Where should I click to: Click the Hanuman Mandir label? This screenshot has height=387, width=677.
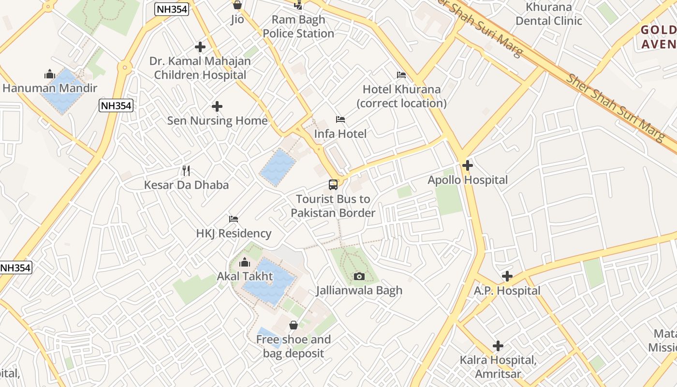click(x=50, y=88)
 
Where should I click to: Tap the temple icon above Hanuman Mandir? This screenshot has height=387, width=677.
click(x=49, y=74)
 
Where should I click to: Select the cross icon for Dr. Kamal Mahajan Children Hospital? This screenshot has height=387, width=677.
click(x=200, y=47)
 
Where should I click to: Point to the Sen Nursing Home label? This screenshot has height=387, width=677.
click(x=217, y=120)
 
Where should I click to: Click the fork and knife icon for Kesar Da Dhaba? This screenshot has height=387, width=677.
click(x=186, y=171)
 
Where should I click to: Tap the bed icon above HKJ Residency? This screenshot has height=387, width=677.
click(x=234, y=219)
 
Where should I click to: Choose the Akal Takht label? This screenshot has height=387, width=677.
click(x=245, y=276)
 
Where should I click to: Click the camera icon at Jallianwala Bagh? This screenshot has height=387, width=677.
click(x=359, y=276)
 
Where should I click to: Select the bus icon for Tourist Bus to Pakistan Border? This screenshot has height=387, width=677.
click(x=333, y=185)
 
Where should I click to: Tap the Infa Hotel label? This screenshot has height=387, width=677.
click(x=340, y=134)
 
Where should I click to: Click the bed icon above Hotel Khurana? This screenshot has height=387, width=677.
click(x=401, y=75)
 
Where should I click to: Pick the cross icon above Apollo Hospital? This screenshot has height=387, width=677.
click(x=467, y=166)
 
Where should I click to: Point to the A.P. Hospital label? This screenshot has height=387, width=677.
click(x=507, y=291)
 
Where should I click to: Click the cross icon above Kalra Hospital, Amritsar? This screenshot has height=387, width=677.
click(x=498, y=346)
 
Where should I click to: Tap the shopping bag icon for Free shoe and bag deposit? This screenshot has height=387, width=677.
click(x=294, y=325)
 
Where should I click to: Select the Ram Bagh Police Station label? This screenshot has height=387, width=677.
click(x=298, y=27)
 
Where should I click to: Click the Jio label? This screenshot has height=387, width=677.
click(x=237, y=19)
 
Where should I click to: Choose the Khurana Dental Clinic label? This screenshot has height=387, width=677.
click(x=549, y=14)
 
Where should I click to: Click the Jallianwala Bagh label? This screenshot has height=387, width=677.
click(x=359, y=290)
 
